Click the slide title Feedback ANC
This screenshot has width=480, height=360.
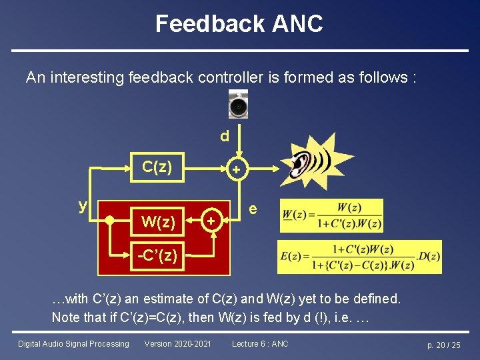pos(239,24)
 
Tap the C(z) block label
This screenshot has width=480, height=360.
pos(157,167)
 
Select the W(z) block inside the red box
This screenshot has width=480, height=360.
pos(159,221)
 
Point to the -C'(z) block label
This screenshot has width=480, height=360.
pos(157,255)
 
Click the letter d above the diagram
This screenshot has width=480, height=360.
pos(225,136)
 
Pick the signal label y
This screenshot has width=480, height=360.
pos(83,205)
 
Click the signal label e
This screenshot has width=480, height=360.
pos(253,209)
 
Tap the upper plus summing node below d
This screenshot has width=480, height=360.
pos(235,171)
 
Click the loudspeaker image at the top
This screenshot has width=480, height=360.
pos(238,105)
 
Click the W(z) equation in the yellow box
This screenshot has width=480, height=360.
pos(331,215)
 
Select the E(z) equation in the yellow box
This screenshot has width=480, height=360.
pos(359,257)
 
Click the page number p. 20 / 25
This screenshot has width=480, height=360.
pos(443,345)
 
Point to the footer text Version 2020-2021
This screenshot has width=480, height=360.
pos(177,344)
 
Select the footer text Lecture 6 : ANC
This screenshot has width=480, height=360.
pos(260,344)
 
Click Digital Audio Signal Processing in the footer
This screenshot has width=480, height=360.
pos(73,344)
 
